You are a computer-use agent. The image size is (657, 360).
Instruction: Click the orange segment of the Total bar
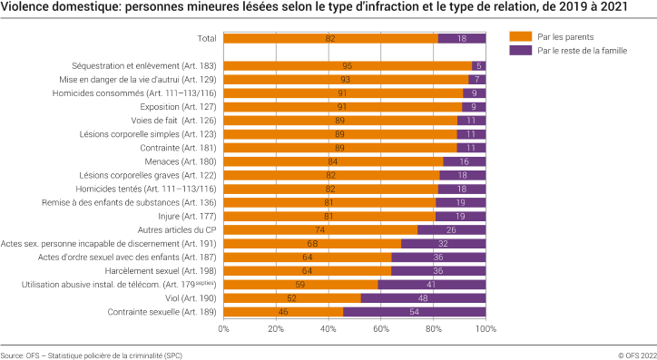coord(330,38)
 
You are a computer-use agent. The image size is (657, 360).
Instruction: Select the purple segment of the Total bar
coord(462,38)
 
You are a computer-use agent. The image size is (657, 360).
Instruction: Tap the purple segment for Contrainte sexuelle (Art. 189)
coord(415,312)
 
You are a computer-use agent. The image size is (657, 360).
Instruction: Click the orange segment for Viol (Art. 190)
coord(292,298)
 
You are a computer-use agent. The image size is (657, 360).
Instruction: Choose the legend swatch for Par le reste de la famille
coord(520,51)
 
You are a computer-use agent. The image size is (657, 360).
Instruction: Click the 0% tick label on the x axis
coord(224,329)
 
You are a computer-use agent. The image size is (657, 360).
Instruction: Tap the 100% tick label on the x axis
coord(485,329)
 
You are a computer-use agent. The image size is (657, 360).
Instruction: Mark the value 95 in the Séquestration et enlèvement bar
coord(348,65)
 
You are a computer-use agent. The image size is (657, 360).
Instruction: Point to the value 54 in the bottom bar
coord(415,312)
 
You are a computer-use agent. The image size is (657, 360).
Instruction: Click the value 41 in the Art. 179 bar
coord(432,285)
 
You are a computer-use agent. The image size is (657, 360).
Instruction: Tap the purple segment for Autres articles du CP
coord(451,230)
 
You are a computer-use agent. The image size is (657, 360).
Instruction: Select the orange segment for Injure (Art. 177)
coord(329,216)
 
